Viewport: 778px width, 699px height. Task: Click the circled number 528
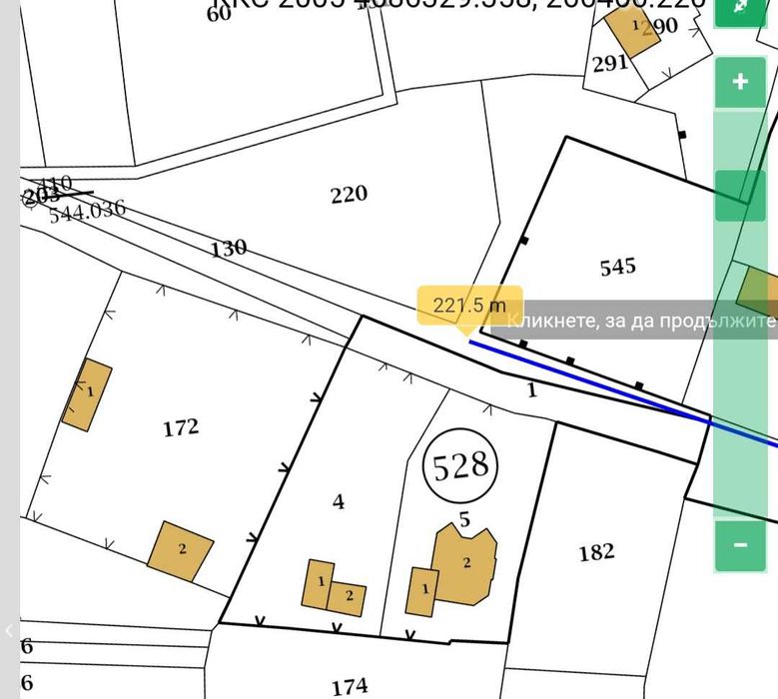pos(458,465)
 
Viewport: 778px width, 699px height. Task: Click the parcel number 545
pos(617,267)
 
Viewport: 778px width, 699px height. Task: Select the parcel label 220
pos(349,194)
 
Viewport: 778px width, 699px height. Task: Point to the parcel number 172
pos(180,427)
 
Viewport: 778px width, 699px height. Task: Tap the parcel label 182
pos(596,551)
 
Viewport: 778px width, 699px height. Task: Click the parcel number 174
pos(350,686)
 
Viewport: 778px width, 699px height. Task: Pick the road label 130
pos(229,249)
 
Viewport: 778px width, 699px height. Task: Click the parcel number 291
pos(609,63)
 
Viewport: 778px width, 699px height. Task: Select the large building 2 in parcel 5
pos(464,565)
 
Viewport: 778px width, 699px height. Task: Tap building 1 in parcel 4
pos(319,583)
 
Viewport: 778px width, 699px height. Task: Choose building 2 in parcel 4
pos(349,598)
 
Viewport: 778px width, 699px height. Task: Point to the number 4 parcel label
pos(339,501)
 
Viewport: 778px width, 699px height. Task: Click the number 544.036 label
pos(88,210)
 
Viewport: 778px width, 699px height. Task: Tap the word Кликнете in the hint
pos(545,321)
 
